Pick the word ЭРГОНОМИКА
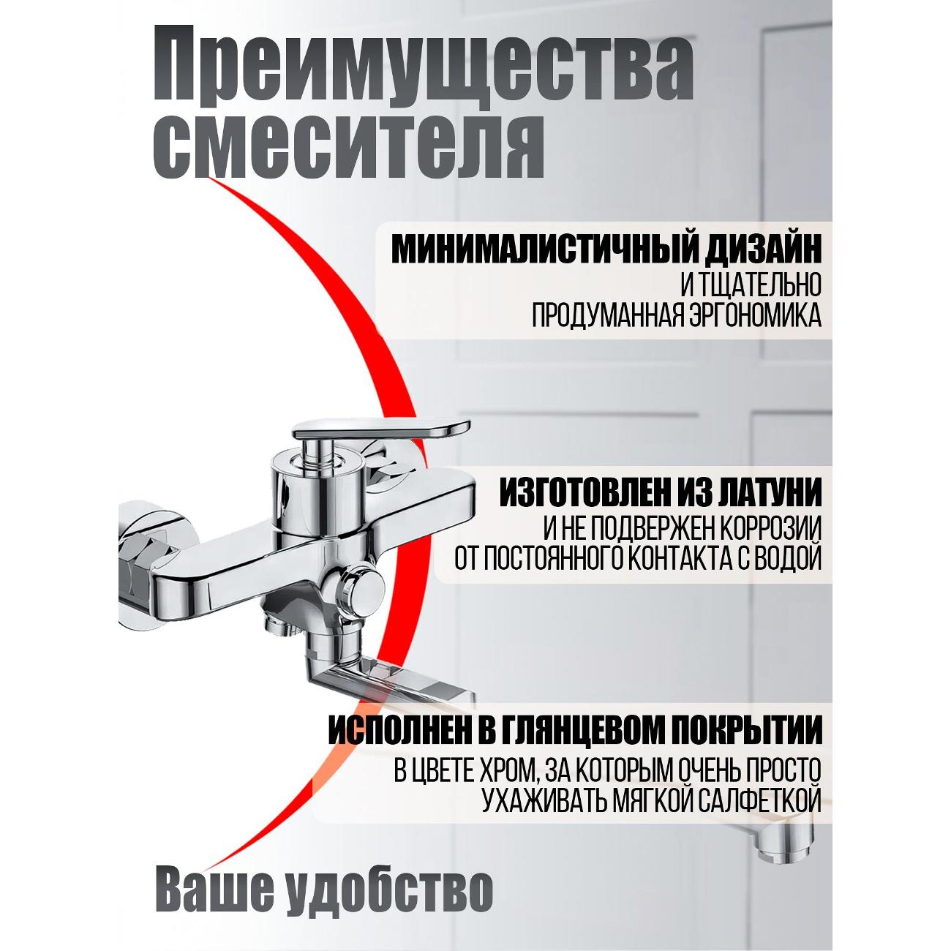[x=753, y=315]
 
